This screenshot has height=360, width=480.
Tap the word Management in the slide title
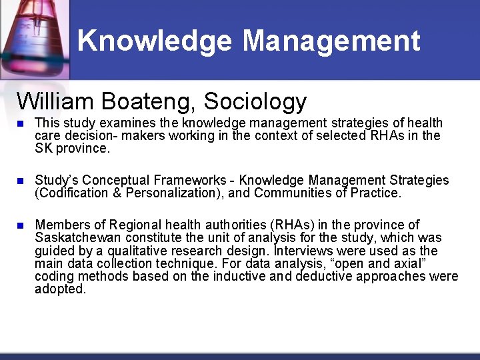point(331,41)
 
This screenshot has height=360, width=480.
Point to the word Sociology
point(255,101)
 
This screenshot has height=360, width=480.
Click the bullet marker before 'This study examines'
point(21,124)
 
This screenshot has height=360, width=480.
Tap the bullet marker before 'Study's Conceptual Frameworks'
point(21,181)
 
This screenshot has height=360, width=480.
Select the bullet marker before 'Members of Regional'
point(21,226)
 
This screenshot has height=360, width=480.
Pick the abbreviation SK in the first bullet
point(43,148)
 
